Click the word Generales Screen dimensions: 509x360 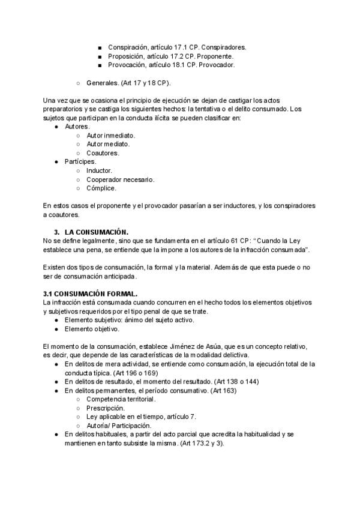[102, 83]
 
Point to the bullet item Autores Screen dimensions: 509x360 [76, 127]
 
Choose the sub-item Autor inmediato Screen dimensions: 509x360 [110, 136]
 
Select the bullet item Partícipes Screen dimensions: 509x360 [80, 162]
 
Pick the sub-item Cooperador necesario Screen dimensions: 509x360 [120, 179]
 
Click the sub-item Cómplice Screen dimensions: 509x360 [101, 188]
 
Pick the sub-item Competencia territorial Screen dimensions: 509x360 [121, 399]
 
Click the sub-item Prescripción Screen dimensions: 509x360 [106, 408]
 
